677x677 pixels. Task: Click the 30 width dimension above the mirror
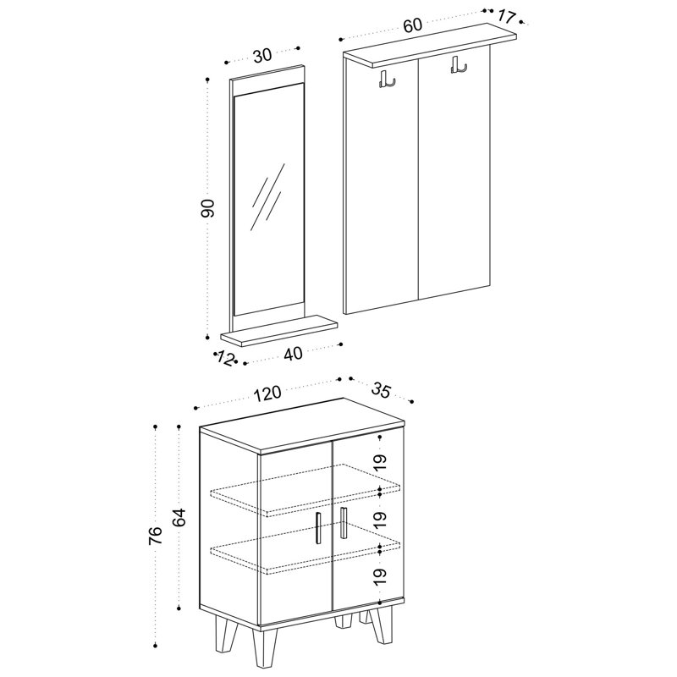click(262, 55)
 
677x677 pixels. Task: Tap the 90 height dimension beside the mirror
click(208, 208)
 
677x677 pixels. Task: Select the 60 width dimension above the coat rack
click(412, 25)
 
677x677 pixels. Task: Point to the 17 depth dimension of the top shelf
click(505, 17)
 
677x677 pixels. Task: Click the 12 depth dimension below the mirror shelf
click(225, 358)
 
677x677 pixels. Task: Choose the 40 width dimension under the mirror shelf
click(293, 354)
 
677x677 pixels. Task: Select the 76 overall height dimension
click(156, 536)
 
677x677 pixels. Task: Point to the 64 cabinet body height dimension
click(179, 517)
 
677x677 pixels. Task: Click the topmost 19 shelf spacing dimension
click(380, 462)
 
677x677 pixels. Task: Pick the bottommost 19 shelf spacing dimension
click(380, 577)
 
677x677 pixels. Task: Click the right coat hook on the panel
click(459, 64)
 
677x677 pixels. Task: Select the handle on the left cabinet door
click(318, 528)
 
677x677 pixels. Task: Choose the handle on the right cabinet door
click(344, 523)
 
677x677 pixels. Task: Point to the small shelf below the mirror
click(278, 330)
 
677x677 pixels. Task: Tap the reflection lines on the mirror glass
click(268, 197)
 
